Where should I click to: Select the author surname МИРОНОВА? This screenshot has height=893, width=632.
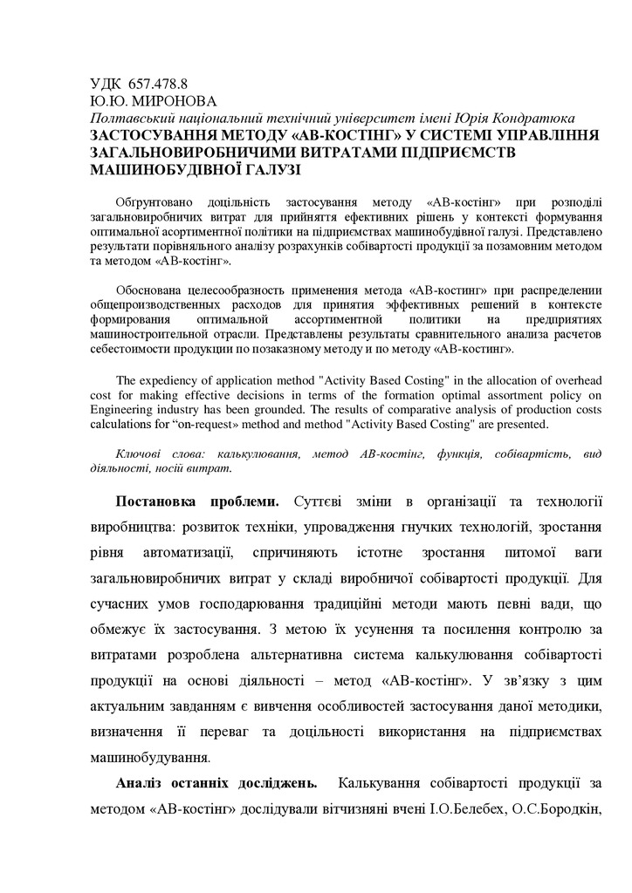[175, 102]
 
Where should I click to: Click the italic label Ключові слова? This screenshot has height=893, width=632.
[160, 454]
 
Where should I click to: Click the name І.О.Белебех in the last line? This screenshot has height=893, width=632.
[468, 810]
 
